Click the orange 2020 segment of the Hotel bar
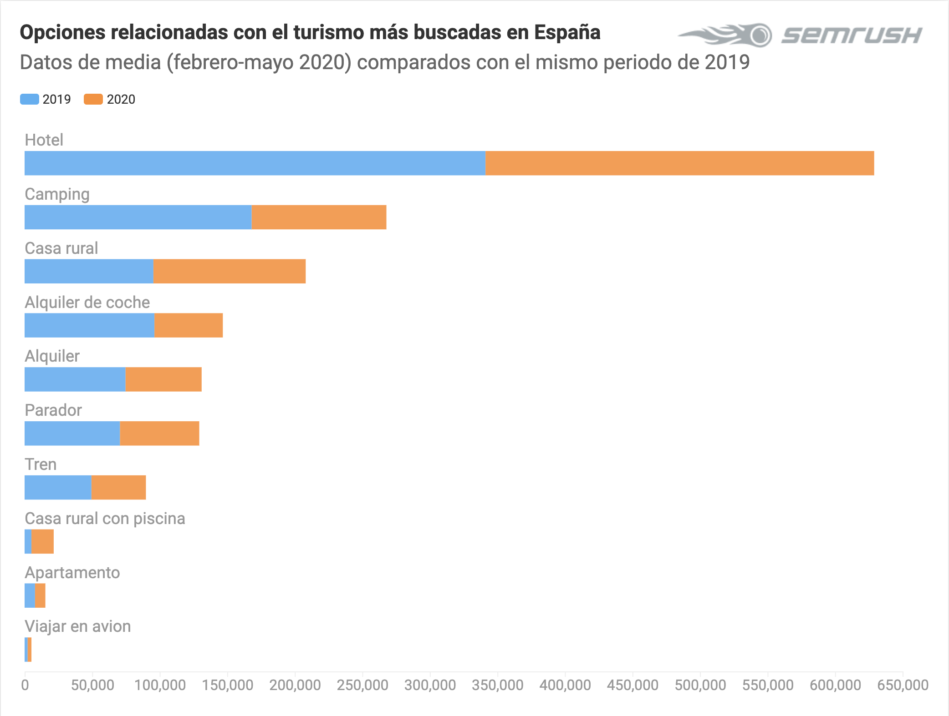point(679,163)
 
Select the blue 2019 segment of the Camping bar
point(138,217)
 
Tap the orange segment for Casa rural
point(230,271)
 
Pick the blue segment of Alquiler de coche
point(89,325)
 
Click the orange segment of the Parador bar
point(159,433)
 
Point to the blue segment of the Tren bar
point(58,487)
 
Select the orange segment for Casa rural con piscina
point(43,541)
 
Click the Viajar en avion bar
point(28,650)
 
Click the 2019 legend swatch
point(30,99)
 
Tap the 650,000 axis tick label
point(903,685)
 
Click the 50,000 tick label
point(92,685)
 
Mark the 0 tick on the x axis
point(25,685)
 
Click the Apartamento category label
point(72,572)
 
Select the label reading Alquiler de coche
point(87,302)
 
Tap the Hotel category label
point(44,140)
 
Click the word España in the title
point(567,32)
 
